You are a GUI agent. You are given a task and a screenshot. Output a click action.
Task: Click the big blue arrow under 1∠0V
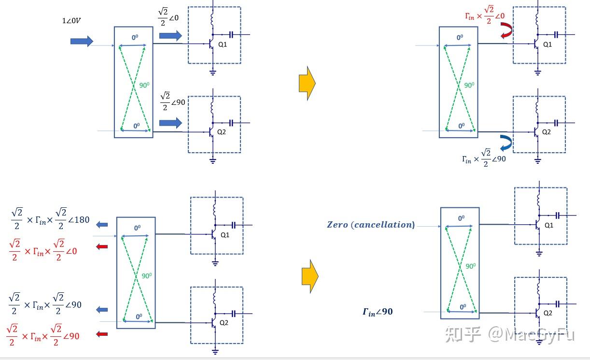tap(82, 41)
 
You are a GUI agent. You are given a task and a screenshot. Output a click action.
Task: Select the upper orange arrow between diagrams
tap(307, 84)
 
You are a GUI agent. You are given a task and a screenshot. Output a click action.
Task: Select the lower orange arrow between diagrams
tap(310, 276)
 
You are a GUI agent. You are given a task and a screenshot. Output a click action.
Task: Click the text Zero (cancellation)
tap(371, 225)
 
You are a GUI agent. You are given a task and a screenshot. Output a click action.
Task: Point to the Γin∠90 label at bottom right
tap(378, 312)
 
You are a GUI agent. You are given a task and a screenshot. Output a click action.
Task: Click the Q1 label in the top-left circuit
tap(222, 44)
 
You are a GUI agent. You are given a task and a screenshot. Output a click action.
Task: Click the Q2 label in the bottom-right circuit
tap(548, 313)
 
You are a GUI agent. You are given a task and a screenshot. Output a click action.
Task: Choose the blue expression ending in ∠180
tap(50, 219)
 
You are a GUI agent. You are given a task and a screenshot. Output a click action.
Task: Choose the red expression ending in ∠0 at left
tap(43, 250)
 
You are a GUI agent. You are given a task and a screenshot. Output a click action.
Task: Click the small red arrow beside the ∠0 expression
tap(102, 247)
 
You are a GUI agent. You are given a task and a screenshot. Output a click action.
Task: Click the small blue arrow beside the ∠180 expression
tap(102, 224)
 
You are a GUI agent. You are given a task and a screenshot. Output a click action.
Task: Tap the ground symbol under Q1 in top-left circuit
tap(212, 72)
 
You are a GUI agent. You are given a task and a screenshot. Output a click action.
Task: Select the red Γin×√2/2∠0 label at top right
tap(485, 16)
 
